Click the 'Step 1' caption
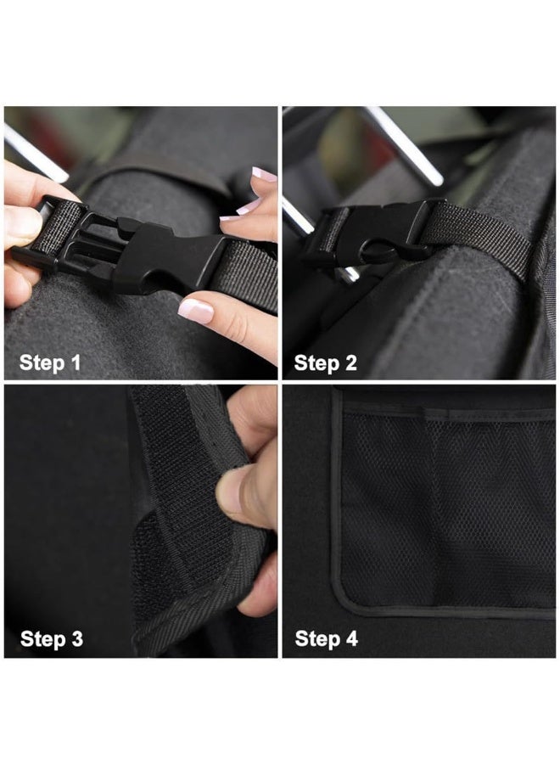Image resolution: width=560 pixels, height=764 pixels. click(51, 363)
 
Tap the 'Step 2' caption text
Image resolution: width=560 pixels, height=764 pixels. click(326, 363)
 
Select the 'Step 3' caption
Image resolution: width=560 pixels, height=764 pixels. click(52, 638)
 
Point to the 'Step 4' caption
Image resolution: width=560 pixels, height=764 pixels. click(327, 638)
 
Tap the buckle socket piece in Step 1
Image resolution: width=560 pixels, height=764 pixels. click(170, 254)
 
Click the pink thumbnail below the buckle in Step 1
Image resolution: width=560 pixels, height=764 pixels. click(195, 311)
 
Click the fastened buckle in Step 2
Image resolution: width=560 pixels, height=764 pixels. click(373, 233)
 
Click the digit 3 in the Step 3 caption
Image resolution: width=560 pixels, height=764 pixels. click(76, 638)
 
